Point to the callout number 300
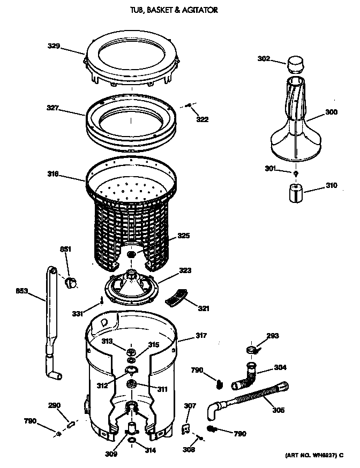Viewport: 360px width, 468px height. point(332,113)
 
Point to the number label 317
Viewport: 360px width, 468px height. point(201,336)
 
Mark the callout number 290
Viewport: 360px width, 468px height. point(55,405)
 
